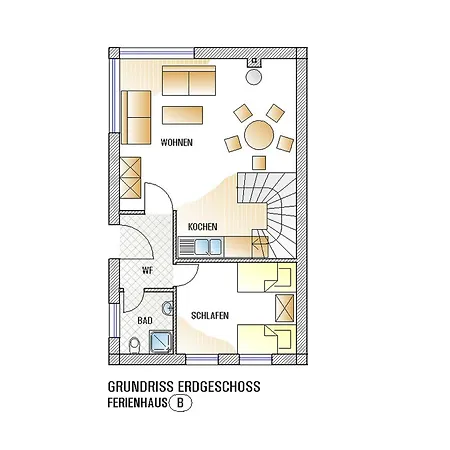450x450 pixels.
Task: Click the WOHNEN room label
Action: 177,143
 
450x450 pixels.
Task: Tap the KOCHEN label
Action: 202,227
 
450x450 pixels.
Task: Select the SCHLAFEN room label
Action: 210,315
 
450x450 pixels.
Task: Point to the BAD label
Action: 145,321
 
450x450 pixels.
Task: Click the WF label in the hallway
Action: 147,270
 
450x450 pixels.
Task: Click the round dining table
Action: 259,135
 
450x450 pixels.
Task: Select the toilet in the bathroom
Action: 134,346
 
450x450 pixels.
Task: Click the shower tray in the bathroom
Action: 161,342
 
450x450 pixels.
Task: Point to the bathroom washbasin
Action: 168,307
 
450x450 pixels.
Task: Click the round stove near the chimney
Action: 254,77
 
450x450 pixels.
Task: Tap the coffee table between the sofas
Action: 182,115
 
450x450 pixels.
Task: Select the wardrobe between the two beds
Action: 285,308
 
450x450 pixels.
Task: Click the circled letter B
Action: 180,403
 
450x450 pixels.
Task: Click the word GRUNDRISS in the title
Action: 141,387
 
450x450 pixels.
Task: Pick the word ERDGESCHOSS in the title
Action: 219,387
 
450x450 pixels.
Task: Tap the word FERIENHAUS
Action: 137,403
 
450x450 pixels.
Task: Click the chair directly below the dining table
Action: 259,163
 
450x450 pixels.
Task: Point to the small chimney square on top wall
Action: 254,62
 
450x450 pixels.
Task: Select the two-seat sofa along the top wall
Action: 189,81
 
